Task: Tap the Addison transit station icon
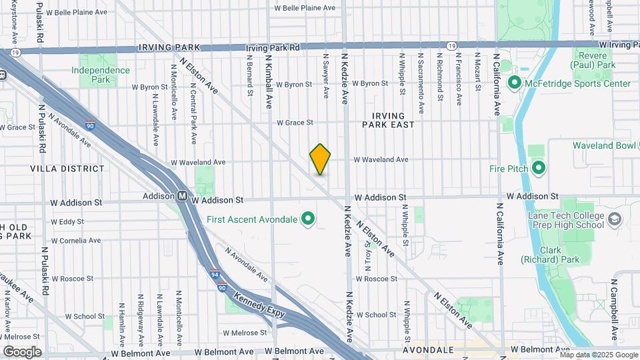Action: coord(182,197)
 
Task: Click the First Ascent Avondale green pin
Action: coord(308,218)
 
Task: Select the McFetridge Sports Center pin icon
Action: coord(514,83)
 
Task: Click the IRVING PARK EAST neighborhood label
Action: coord(389,120)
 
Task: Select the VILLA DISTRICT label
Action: coord(67,169)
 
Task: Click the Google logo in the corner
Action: coord(22,352)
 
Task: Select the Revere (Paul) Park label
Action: coord(593,60)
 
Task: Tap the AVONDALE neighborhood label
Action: coord(429,349)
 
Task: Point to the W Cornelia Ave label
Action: coord(75,240)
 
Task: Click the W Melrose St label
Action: coord(245,332)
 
